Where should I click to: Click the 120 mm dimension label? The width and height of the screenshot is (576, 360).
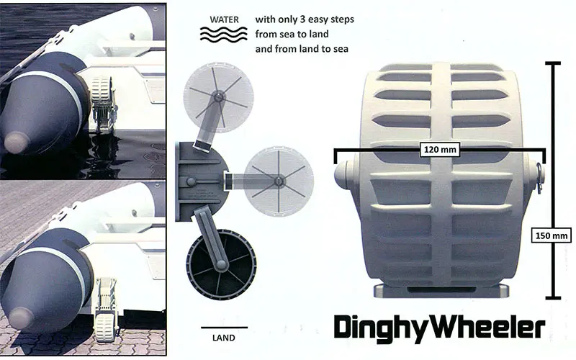[440, 150]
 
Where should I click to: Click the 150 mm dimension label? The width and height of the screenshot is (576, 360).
[552, 235]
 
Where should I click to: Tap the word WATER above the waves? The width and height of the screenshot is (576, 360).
[224, 20]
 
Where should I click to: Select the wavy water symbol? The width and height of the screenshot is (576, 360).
[224, 34]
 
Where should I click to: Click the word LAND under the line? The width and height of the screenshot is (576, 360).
[224, 338]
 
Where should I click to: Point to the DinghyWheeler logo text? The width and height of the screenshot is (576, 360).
[439, 327]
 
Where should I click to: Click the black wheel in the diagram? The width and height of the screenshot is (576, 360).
[221, 264]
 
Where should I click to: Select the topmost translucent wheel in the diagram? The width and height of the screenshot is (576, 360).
[219, 97]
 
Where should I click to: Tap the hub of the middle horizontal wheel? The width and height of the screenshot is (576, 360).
[279, 181]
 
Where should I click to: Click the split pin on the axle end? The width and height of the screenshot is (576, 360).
[539, 177]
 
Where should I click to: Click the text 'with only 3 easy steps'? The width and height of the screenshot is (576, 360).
[305, 19]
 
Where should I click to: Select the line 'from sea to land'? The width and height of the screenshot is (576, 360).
[292, 34]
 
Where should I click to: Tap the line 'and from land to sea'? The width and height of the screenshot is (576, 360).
[302, 49]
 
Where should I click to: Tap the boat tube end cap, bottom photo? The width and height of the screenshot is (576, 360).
[21, 318]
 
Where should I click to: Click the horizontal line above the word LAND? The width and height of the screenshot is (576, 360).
[224, 327]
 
